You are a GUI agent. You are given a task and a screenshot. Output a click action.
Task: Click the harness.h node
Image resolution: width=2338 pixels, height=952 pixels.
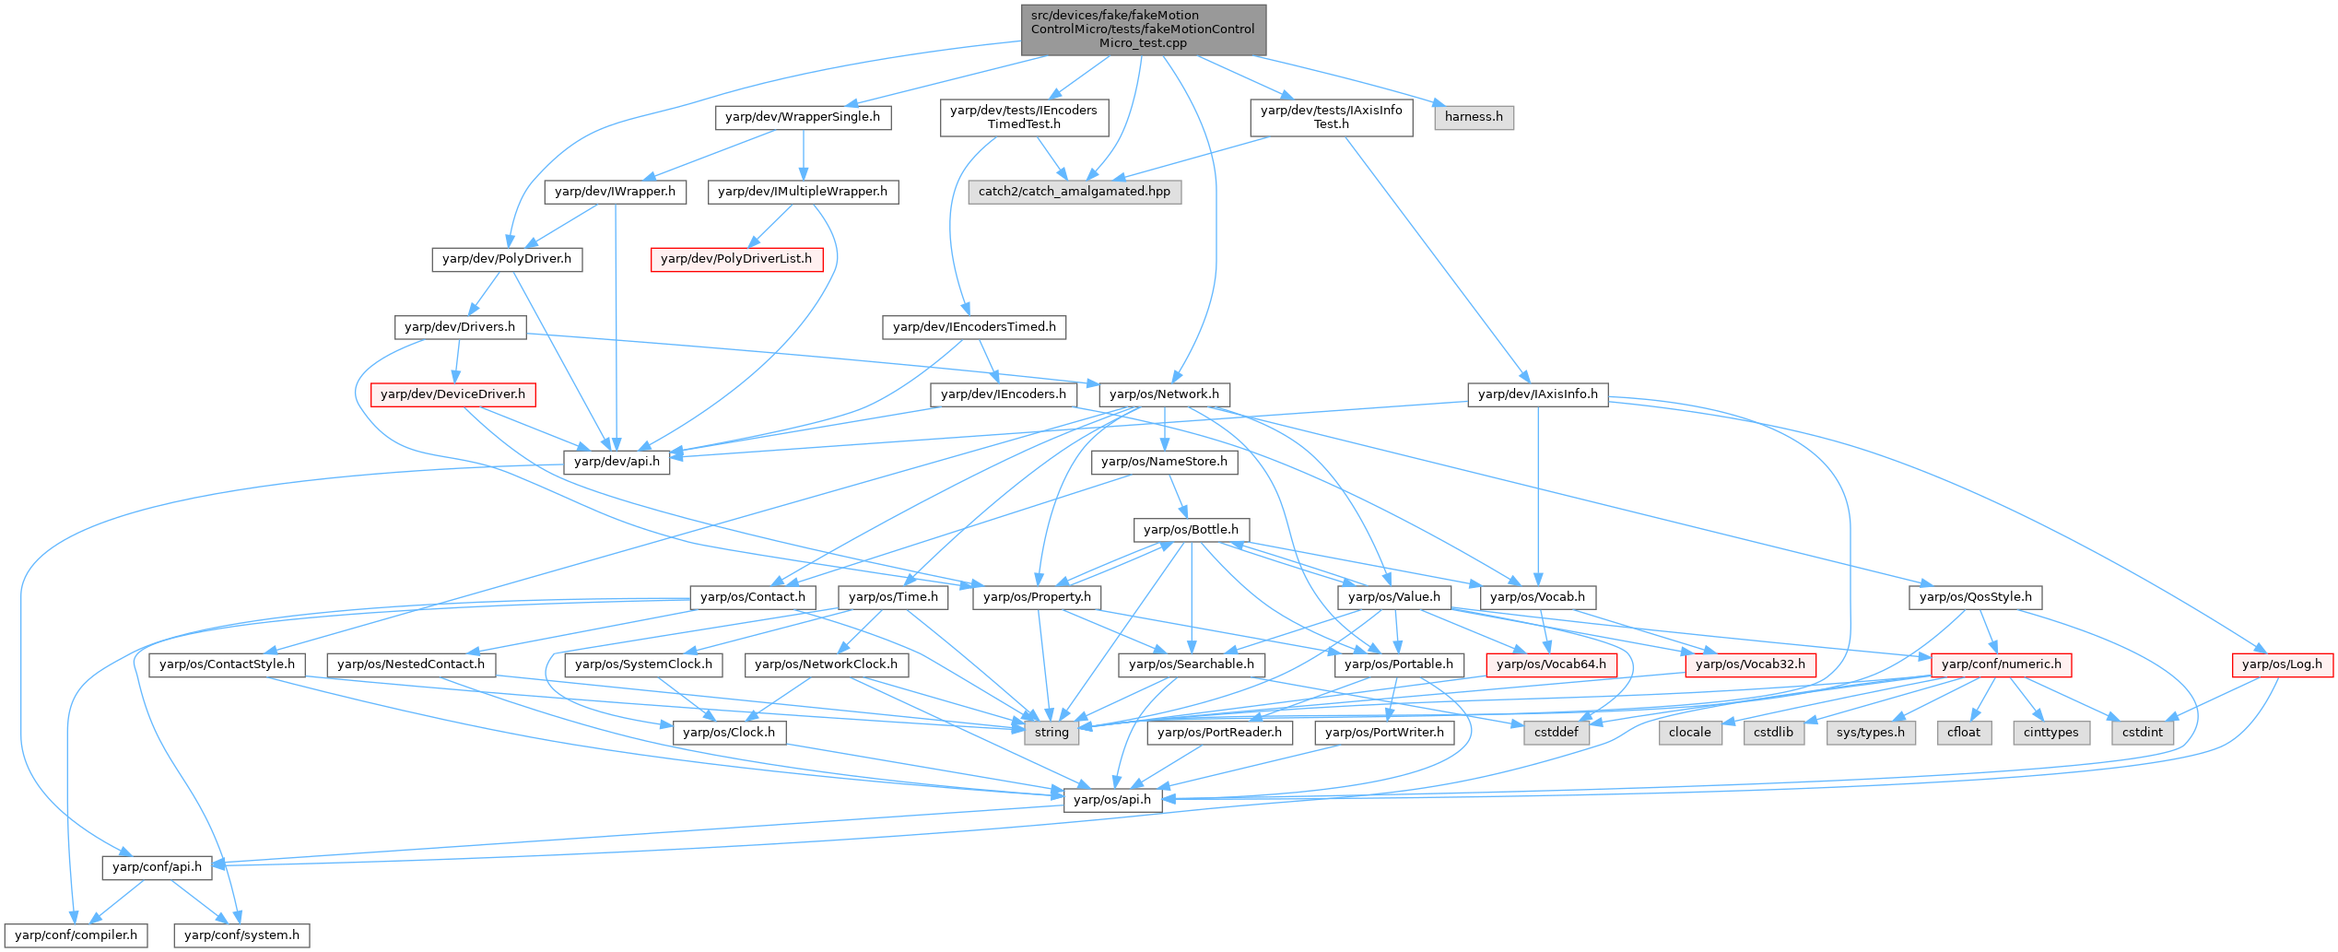[1474, 117]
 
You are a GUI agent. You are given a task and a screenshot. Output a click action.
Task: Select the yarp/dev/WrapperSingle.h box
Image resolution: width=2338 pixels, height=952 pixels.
[802, 117]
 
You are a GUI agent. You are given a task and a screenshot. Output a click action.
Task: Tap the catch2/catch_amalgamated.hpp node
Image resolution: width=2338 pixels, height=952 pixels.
[1074, 192]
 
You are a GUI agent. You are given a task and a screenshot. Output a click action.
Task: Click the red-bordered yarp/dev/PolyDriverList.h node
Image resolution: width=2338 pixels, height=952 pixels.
[735, 259]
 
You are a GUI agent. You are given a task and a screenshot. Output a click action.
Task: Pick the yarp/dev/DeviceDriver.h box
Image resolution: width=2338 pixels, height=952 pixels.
[452, 394]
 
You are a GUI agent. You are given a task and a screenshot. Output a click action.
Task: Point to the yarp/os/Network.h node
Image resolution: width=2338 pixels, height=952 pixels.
[1164, 394]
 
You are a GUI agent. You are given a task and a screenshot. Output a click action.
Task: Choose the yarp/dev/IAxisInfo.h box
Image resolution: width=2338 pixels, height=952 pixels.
[1537, 394]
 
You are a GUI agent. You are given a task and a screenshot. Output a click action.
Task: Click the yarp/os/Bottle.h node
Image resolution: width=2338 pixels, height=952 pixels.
[1191, 530]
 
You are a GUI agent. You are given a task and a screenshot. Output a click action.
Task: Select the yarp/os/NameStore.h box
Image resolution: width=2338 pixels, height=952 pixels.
[1164, 462]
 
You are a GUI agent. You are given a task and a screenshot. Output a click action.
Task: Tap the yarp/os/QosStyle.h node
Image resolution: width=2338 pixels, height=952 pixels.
[1975, 597]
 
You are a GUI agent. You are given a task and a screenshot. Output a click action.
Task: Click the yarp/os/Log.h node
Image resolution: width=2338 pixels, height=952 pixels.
[2282, 664]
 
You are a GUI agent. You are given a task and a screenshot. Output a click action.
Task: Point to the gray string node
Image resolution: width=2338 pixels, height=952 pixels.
[1052, 733]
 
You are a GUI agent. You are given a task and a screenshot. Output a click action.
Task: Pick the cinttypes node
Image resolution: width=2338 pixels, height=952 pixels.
[2050, 733]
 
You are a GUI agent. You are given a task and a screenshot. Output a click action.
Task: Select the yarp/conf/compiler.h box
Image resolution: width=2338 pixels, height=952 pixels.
[76, 935]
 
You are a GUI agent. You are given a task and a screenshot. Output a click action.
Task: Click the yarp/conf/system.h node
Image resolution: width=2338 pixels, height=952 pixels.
[241, 935]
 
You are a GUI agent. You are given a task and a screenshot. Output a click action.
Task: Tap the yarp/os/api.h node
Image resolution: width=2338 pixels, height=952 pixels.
[1112, 800]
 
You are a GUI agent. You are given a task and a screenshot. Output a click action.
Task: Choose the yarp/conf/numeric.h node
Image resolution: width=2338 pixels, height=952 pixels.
[2001, 664]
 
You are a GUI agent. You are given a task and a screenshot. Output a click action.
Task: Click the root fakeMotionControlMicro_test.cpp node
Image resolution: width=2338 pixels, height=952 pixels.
[1143, 29]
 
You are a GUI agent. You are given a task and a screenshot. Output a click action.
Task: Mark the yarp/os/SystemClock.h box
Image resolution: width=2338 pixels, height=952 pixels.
[643, 664]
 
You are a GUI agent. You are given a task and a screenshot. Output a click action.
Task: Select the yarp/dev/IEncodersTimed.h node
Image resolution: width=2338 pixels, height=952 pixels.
[974, 327]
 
